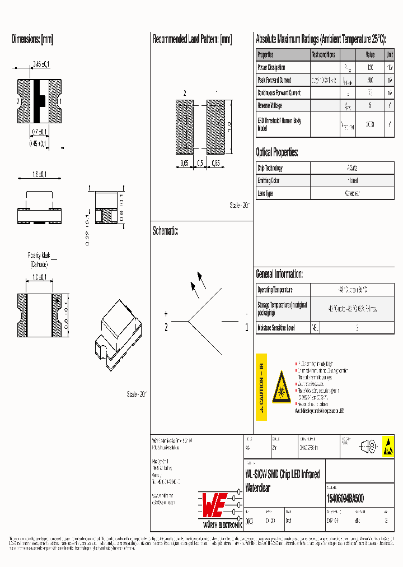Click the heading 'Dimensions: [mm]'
[x=32, y=40]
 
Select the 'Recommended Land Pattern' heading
[x=192, y=40]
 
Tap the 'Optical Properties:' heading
[x=277, y=152]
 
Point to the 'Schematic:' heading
[x=165, y=231]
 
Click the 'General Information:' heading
[x=279, y=274]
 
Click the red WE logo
[x=213, y=505]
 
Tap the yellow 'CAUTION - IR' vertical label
[x=261, y=387]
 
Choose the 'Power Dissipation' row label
[x=271, y=67]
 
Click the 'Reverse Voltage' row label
[x=270, y=105]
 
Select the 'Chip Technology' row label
[x=270, y=168]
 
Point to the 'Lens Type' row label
[x=265, y=193]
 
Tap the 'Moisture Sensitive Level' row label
[x=276, y=327]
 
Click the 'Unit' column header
[x=389, y=55]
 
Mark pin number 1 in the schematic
[x=247, y=328]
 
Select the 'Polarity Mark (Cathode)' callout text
[x=39, y=259]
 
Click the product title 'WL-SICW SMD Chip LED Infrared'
[x=283, y=475]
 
